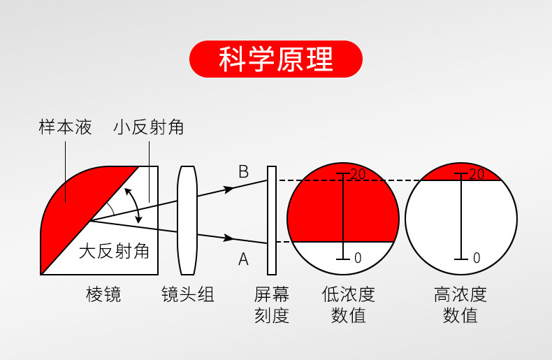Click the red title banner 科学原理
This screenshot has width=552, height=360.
pyautogui.click(x=276, y=59)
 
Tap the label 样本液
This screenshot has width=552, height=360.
pyautogui.click(x=65, y=127)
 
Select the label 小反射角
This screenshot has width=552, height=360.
pyautogui.click(x=148, y=127)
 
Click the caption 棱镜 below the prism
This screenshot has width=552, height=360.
pyautogui.click(x=103, y=294)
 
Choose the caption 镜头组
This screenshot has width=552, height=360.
pyautogui.click(x=187, y=294)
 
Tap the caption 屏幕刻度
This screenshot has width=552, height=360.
pyautogui.click(x=271, y=305)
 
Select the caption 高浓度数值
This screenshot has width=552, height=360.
pyautogui.click(x=460, y=305)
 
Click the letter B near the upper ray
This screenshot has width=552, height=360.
pyautogui.click(x=243, y=172)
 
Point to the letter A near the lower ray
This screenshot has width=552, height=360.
pyautogui.click(x=243, y=260)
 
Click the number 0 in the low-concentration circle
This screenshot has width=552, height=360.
pyautogui.click(x=358, y=258)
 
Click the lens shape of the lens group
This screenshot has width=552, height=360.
pyautogui.click(x=187, y=220)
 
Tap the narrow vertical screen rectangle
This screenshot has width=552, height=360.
pyautogui.click(x=272, y=220)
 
